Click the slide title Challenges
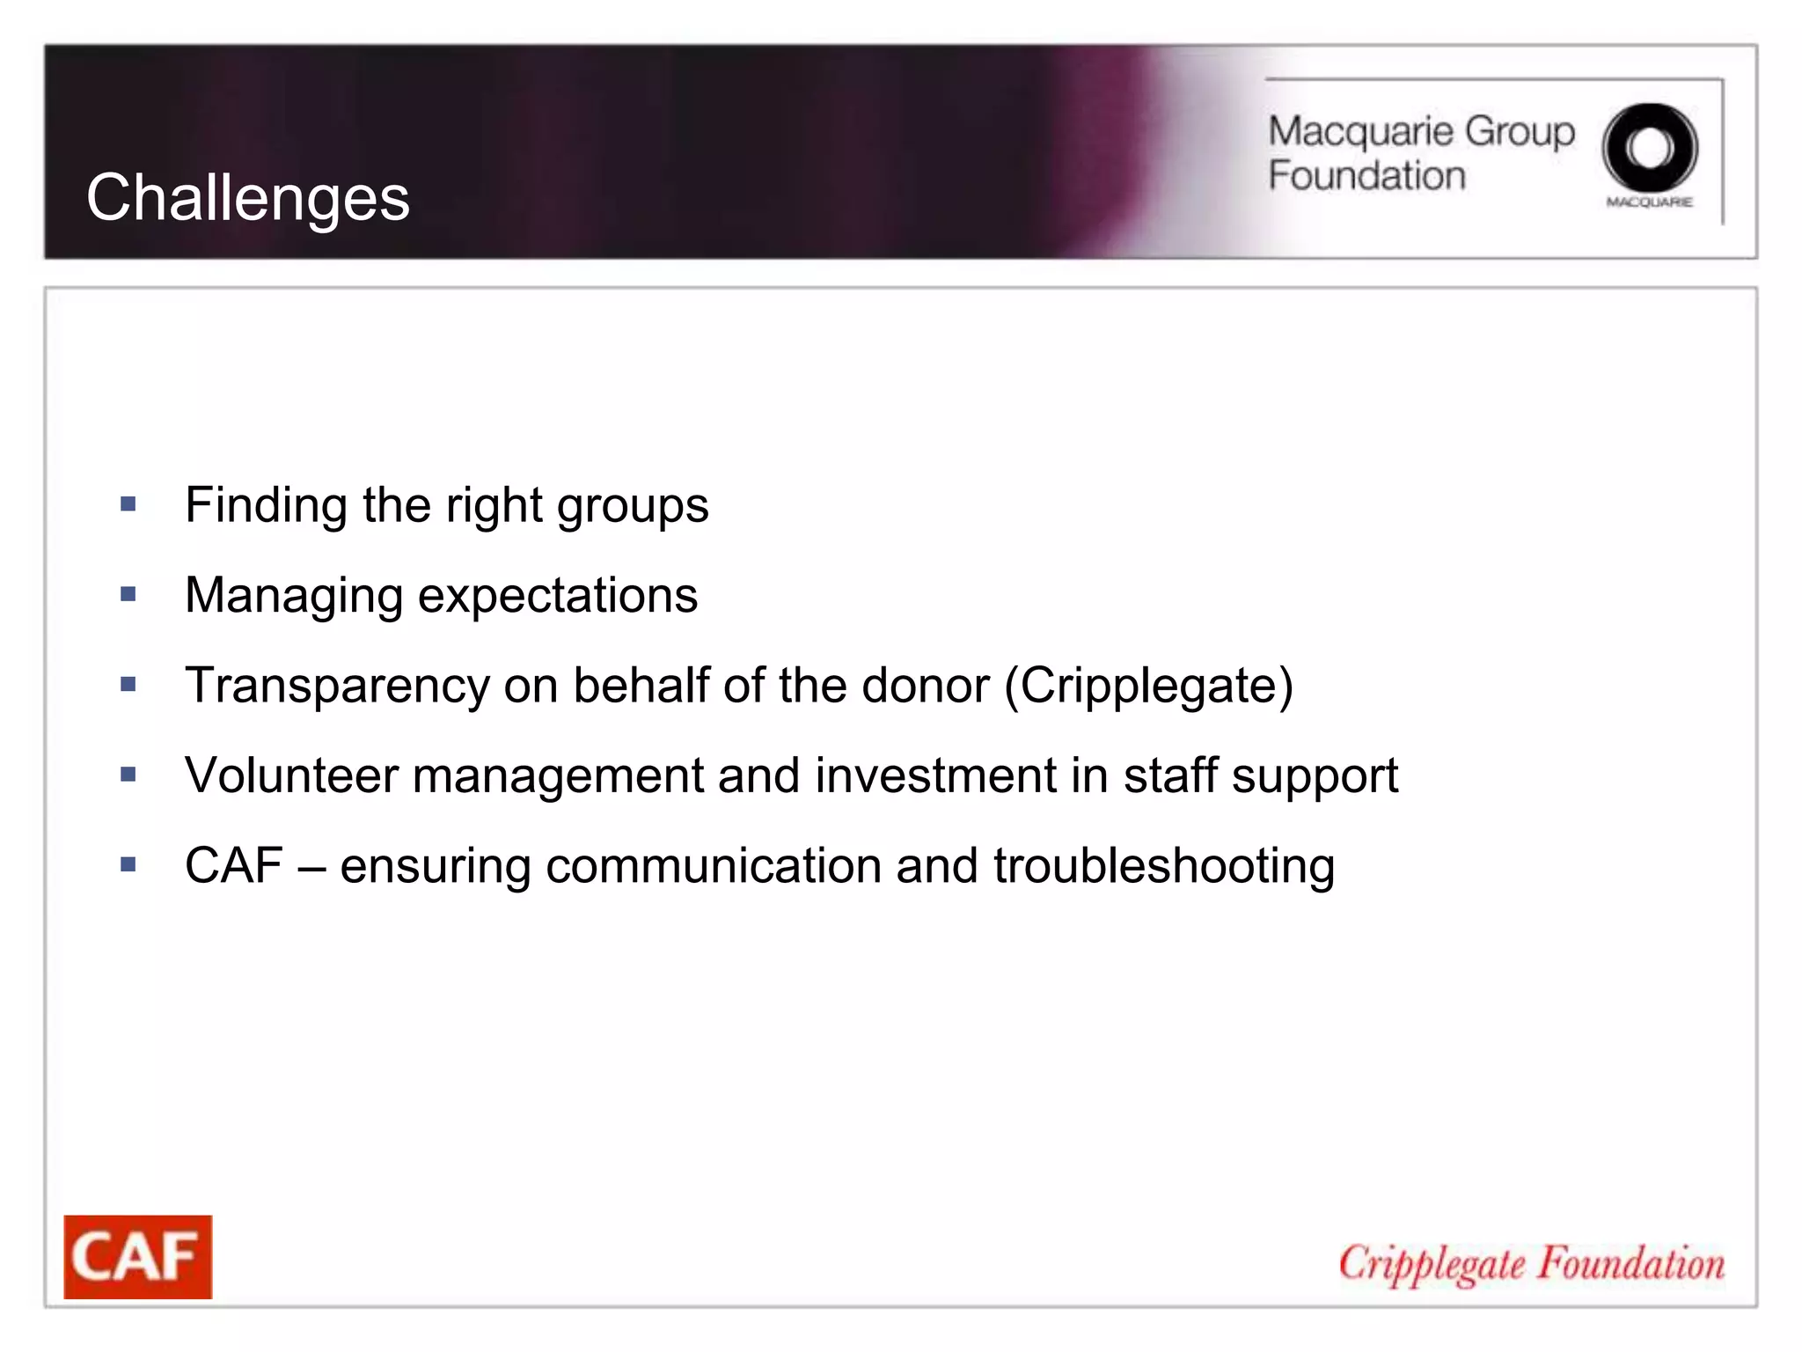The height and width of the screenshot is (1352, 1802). pyautogui.click(x=247, y=197)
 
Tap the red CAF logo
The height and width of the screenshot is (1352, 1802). pyautogui.click(x=137, y=1256)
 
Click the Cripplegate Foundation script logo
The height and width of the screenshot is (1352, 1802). pyautogui.click(x=1531, y=1264)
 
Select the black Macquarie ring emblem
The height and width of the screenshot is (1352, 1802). pyautogui.click(x=1649, y=148)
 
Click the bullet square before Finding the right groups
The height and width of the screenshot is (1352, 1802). pyautogui.click(x=128, y=504)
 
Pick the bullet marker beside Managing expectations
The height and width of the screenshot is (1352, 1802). pyautogui.click(x=128, y=594)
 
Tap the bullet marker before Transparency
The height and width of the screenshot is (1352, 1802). pyautogui.click(x=128, y=684)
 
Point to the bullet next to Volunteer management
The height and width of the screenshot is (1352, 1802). pyautogui.click(x=128, y=775)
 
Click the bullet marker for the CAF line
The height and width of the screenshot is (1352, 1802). pyautogui.click(x=128, y=864)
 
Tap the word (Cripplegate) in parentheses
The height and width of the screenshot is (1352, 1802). pyautogui.click(x=1149, y=686)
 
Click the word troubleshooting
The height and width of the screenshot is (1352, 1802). pyautogui.click(x=1164, y=866)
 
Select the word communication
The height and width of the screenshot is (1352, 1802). pyautogui.click(x=714, y=866)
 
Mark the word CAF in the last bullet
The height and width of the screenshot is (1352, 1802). pyautogui.click(x=234, y=865)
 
